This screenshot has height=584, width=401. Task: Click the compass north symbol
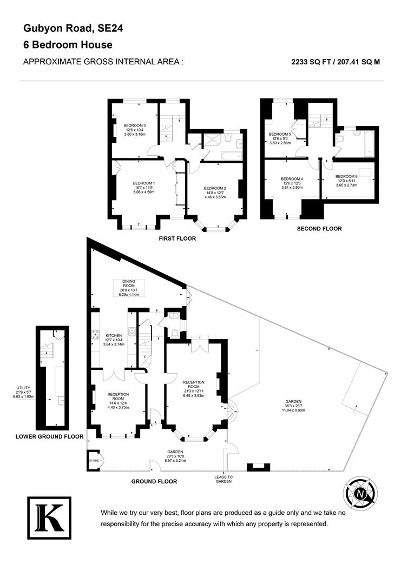[x=360, y=493]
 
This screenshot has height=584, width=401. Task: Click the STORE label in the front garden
[x=94, y=461]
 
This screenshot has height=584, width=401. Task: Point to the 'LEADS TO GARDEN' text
[x=223, y=480]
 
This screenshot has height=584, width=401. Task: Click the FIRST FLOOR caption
[x=178, y=238]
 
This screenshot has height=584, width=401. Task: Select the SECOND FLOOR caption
[x=319, y=229]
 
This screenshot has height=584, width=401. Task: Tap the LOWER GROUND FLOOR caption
[x=49, y=436]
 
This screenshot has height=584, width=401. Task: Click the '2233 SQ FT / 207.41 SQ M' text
[x=336, y=62]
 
